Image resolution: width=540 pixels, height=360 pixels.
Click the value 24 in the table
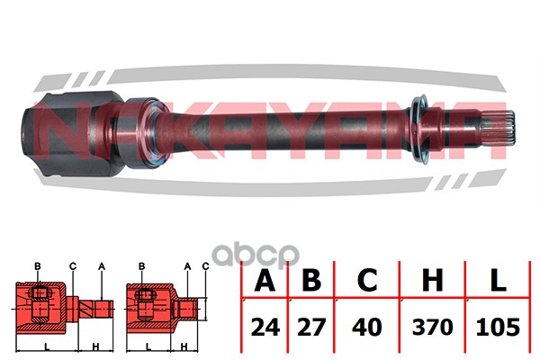pos(265,328)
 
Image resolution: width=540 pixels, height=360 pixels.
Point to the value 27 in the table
pos(311,328)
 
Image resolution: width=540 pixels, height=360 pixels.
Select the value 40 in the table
pos(367,328)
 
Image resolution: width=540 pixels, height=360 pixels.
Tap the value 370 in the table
pos(433,328)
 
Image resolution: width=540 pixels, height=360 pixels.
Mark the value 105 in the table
pos(498,328)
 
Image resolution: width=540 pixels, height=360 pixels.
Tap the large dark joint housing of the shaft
pos(72,133)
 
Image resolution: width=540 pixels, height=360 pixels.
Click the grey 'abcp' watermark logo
pos(256,256)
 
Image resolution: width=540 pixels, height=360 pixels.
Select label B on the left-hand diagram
pos(38,266)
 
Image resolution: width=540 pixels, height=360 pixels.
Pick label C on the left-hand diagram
pos(73,266)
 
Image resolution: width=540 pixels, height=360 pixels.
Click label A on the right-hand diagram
pos(187,266)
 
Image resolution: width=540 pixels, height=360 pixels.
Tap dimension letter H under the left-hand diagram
pos(95,346)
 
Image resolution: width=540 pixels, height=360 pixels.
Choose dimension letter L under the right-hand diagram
pos(148,346)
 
